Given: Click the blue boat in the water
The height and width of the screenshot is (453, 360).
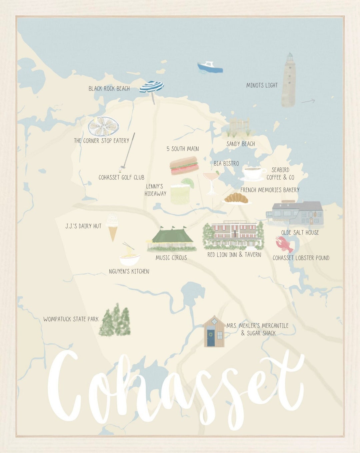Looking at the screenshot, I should point(210,67).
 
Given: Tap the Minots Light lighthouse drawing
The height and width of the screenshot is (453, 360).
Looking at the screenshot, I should point(289,80).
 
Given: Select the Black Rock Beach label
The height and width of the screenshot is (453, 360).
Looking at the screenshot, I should point(109,89).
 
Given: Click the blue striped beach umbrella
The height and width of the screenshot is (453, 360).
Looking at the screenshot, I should point(152,88).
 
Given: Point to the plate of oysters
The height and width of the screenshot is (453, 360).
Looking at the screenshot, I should point(103,126).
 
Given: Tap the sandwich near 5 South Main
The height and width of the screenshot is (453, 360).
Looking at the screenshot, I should point(184,166).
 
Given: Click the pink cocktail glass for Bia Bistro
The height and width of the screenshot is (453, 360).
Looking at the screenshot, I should point(211,182).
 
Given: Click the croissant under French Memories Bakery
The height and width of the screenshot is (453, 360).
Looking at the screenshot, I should point(236,198).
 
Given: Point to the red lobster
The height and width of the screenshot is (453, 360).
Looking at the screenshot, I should point(284,244).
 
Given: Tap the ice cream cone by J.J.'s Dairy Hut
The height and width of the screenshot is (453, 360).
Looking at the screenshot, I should point(112,227).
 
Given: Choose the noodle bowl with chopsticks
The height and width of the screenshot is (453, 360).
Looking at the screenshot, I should point(129,258).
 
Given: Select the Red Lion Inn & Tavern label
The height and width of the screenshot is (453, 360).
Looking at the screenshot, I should point(234,255).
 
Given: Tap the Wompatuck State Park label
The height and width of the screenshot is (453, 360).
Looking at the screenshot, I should point(71,319).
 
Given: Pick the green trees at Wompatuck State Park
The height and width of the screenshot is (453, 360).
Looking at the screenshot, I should point(115,321).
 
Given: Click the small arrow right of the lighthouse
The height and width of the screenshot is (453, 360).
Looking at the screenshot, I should point(308,101).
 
